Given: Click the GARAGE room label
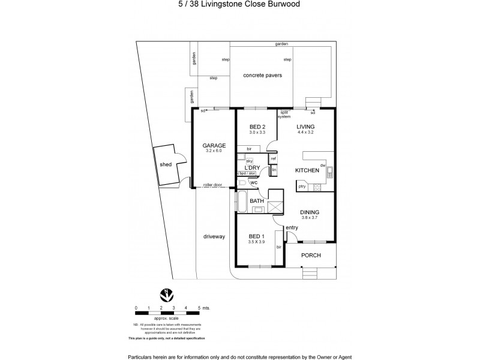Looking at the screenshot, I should (x=214, y=146).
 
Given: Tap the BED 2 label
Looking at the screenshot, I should (x=257, y=127).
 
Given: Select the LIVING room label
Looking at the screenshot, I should (x=306, y=127).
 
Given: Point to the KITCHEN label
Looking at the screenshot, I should (x=307, y=171).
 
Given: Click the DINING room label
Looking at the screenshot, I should (x=309, y=212).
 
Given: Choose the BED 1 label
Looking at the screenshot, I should (x=257, y=236).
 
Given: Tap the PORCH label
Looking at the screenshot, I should (x=311, y=255).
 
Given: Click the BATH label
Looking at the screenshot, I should (x=257, y=200).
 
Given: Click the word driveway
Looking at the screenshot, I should (x=214, y=236).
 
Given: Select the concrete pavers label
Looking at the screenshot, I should (x=262, y=76).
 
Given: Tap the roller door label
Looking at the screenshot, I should (x=212, y=185).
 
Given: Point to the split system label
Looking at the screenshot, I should (x=284, y=115).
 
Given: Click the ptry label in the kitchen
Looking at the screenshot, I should (x=302, y=187).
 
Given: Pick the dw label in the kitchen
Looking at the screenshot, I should (x=323, y=165).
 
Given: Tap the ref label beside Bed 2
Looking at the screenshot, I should (x=273, y=158).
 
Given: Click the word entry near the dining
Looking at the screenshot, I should (x=292, y=227).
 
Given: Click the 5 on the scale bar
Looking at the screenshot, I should (x=199, y=308).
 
